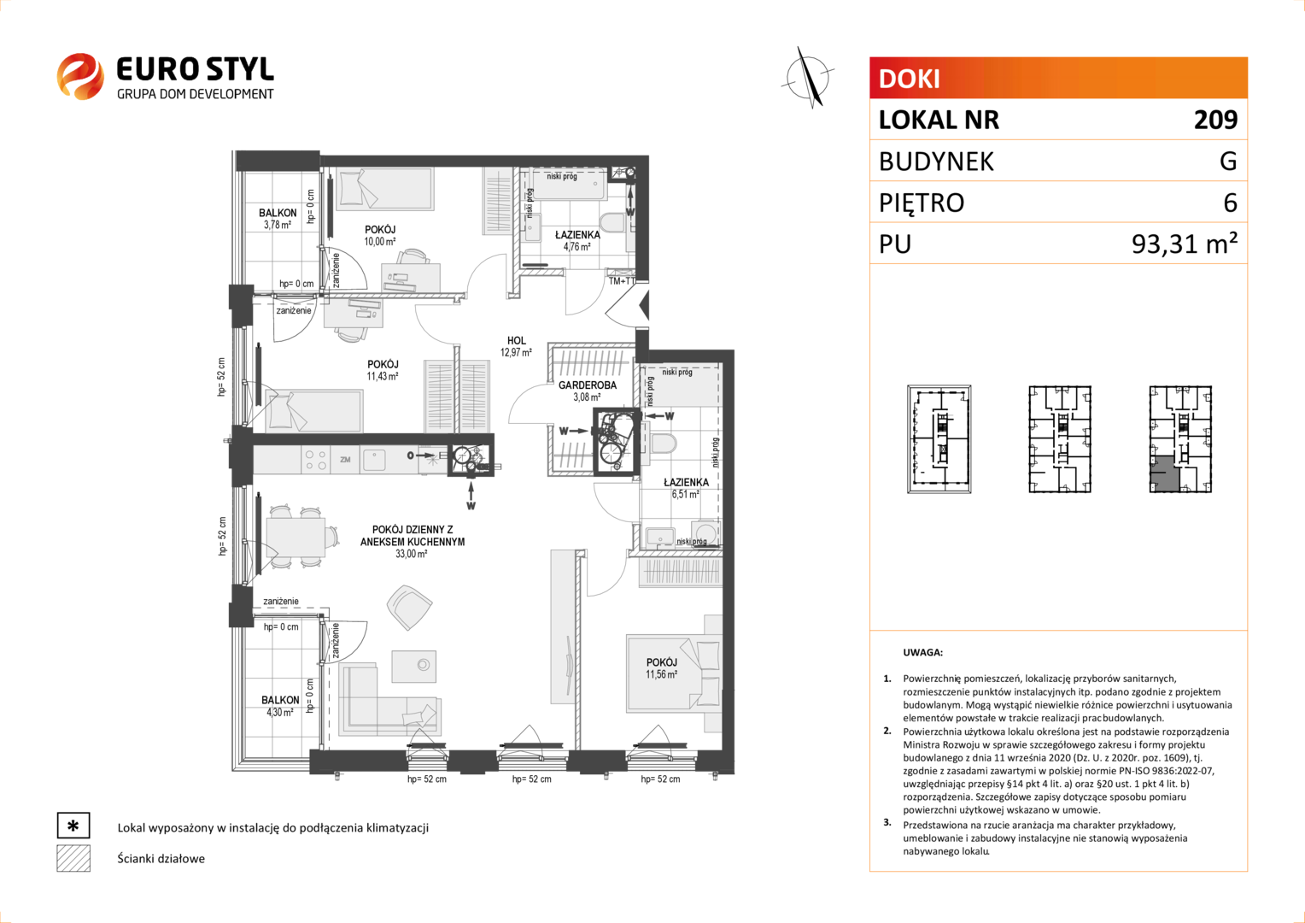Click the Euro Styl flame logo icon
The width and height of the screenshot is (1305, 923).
pyautogui.click(x=80, y=76)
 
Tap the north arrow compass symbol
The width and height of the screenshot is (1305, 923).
pyautogui.click(x=808, y=78)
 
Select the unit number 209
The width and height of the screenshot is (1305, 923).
pyautogui.click(x=1215, y=120)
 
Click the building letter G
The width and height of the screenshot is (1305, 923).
pyautogui.click(x=1228, y=161)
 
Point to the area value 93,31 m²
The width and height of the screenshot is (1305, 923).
pyautogui.click(x=1185, y=244)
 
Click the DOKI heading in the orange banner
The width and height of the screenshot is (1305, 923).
pyautogui.click(x=909, y=79)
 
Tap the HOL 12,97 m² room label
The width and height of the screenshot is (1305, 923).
pyautogui.click(x=516, y=346)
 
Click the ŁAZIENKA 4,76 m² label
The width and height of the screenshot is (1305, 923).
pyautogui.click(x=577, y=240)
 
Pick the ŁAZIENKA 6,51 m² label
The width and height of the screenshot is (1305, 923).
pyautogui.click(x=687, y=488)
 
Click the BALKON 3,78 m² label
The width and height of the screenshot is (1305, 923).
pyautogui.click(x=278, y=219)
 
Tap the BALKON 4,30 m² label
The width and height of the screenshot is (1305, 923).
pyautogui.click(x=280, y=706)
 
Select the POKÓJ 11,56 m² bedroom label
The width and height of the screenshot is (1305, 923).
pyautogui.click(x=661, y=668)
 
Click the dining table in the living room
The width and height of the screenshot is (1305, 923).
pyautogui.click(x=296, y=537)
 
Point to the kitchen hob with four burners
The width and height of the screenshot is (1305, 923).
pyautogui.click(x=316, y=460)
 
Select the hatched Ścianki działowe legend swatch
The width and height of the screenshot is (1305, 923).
pyautogui.click(x=73, y=858)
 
